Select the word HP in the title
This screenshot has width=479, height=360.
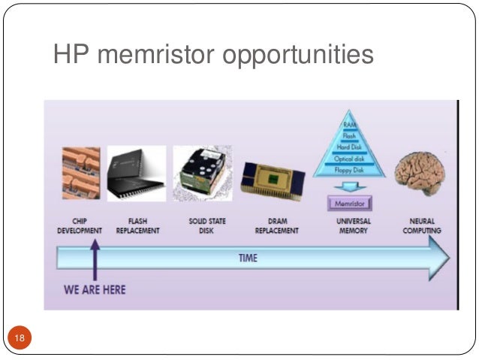point(69,54)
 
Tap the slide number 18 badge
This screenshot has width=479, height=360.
point(19,340)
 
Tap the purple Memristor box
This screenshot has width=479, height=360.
point(350,202)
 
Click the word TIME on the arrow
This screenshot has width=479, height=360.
point(248,259)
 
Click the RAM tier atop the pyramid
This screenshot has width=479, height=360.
point(349,124)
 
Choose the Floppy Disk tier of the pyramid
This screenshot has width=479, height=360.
point(350,171)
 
